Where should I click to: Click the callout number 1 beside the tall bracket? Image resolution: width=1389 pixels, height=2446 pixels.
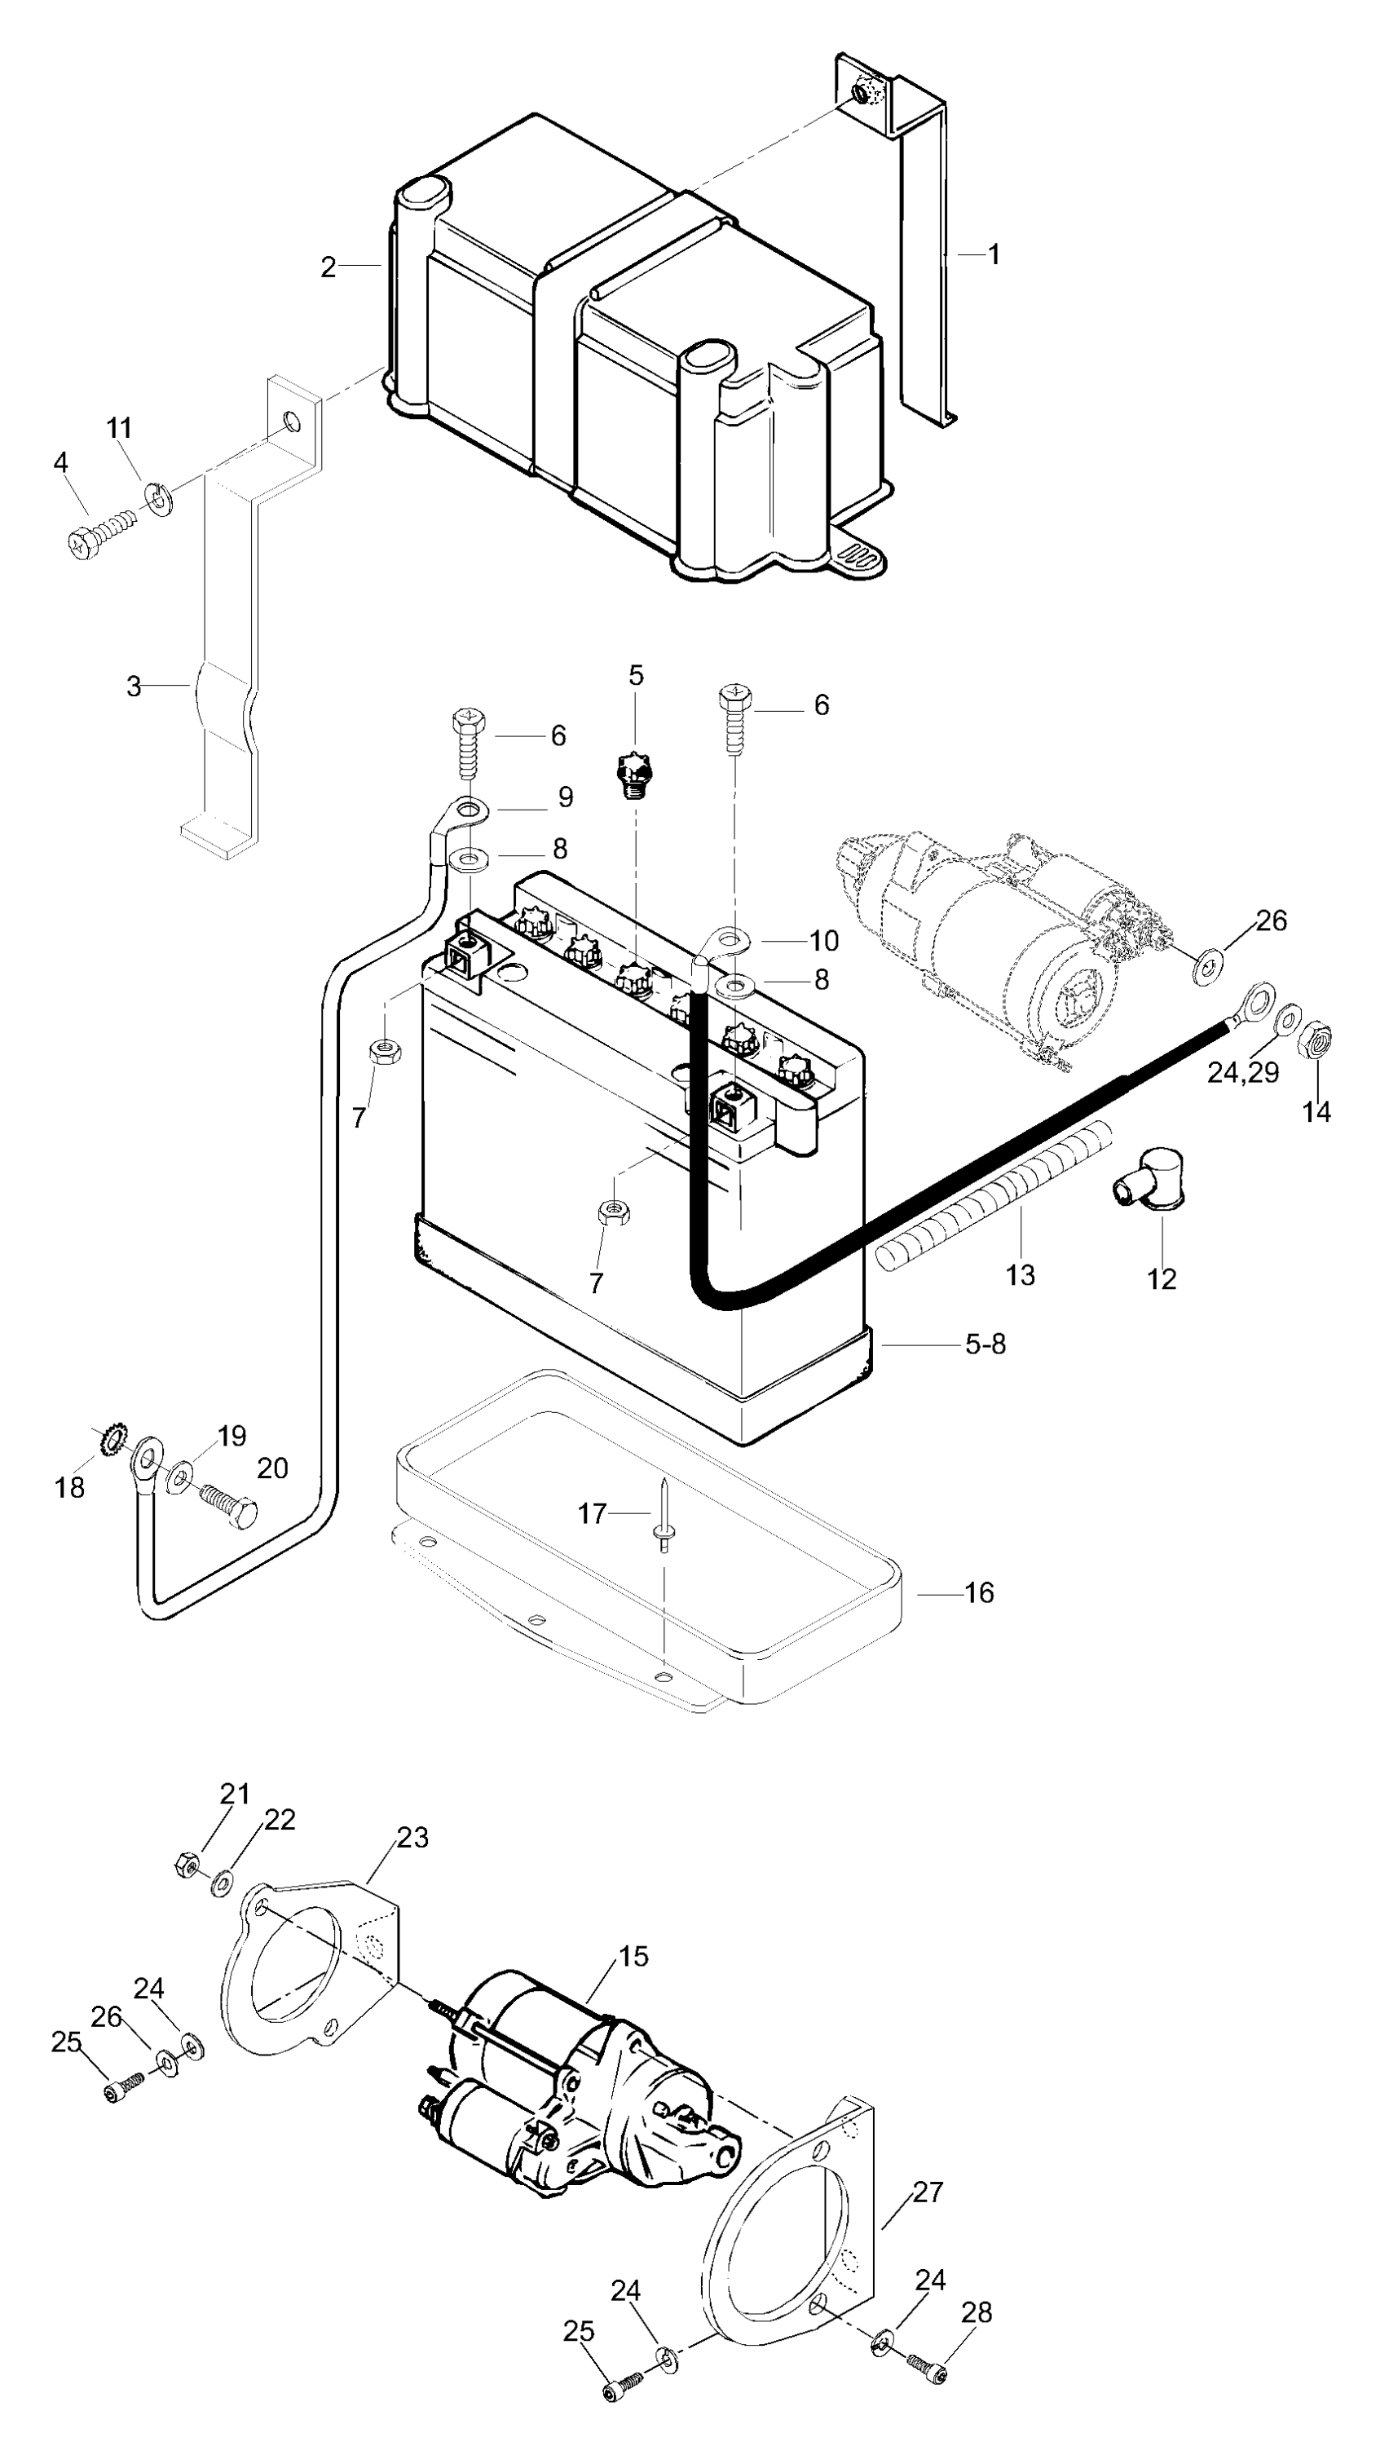tap(993, 254)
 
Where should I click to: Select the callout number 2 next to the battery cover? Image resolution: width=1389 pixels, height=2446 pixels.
tap(329, 267)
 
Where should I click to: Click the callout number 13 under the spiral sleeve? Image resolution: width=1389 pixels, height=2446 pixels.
tap(1020, 1275)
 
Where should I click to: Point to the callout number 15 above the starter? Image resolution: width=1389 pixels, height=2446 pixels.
tap(633, 1956)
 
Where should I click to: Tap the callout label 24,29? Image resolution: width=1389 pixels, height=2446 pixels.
tap(1242, 1072)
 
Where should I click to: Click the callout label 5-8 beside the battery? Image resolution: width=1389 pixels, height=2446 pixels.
tap(986, 1344)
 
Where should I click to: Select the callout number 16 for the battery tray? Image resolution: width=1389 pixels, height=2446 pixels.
tap(979, 1592)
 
